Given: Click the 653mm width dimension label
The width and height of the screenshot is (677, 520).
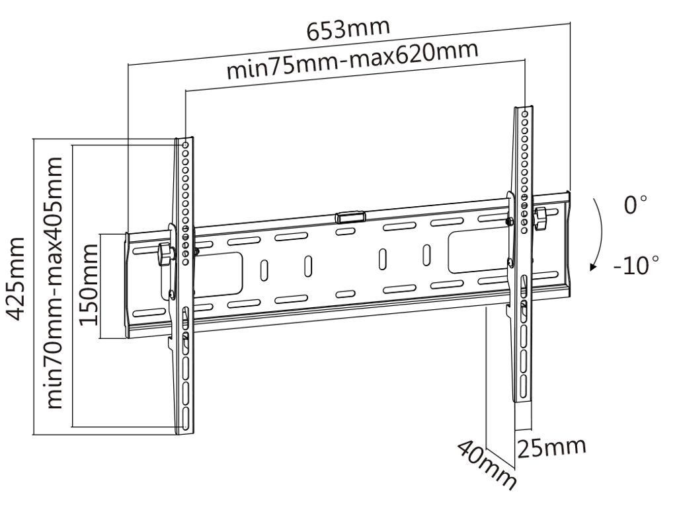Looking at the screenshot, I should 348,30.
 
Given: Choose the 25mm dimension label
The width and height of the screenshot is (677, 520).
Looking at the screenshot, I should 551,447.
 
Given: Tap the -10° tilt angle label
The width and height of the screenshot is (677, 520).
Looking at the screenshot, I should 635,267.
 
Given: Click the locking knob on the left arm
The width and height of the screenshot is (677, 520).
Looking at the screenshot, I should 164,254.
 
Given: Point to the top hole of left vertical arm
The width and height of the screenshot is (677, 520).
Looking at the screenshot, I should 186,143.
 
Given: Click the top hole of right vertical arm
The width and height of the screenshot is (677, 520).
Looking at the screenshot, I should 524,114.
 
